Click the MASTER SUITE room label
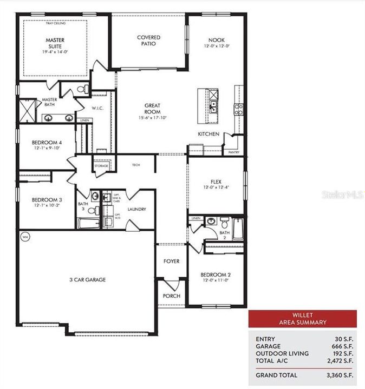(55, 43)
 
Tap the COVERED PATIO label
(148, 41)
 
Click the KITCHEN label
(208, 133)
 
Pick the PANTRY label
(234, 152)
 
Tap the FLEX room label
(217, 182)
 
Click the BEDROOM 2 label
(216, 274)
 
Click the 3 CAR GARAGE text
(87, 280)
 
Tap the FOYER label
(172, 261)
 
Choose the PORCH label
(172, 296)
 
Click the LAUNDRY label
(137, 209)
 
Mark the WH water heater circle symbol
(25, 237)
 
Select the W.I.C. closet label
(97, 108)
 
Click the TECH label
(136, 165)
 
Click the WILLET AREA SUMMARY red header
(302, 319)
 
